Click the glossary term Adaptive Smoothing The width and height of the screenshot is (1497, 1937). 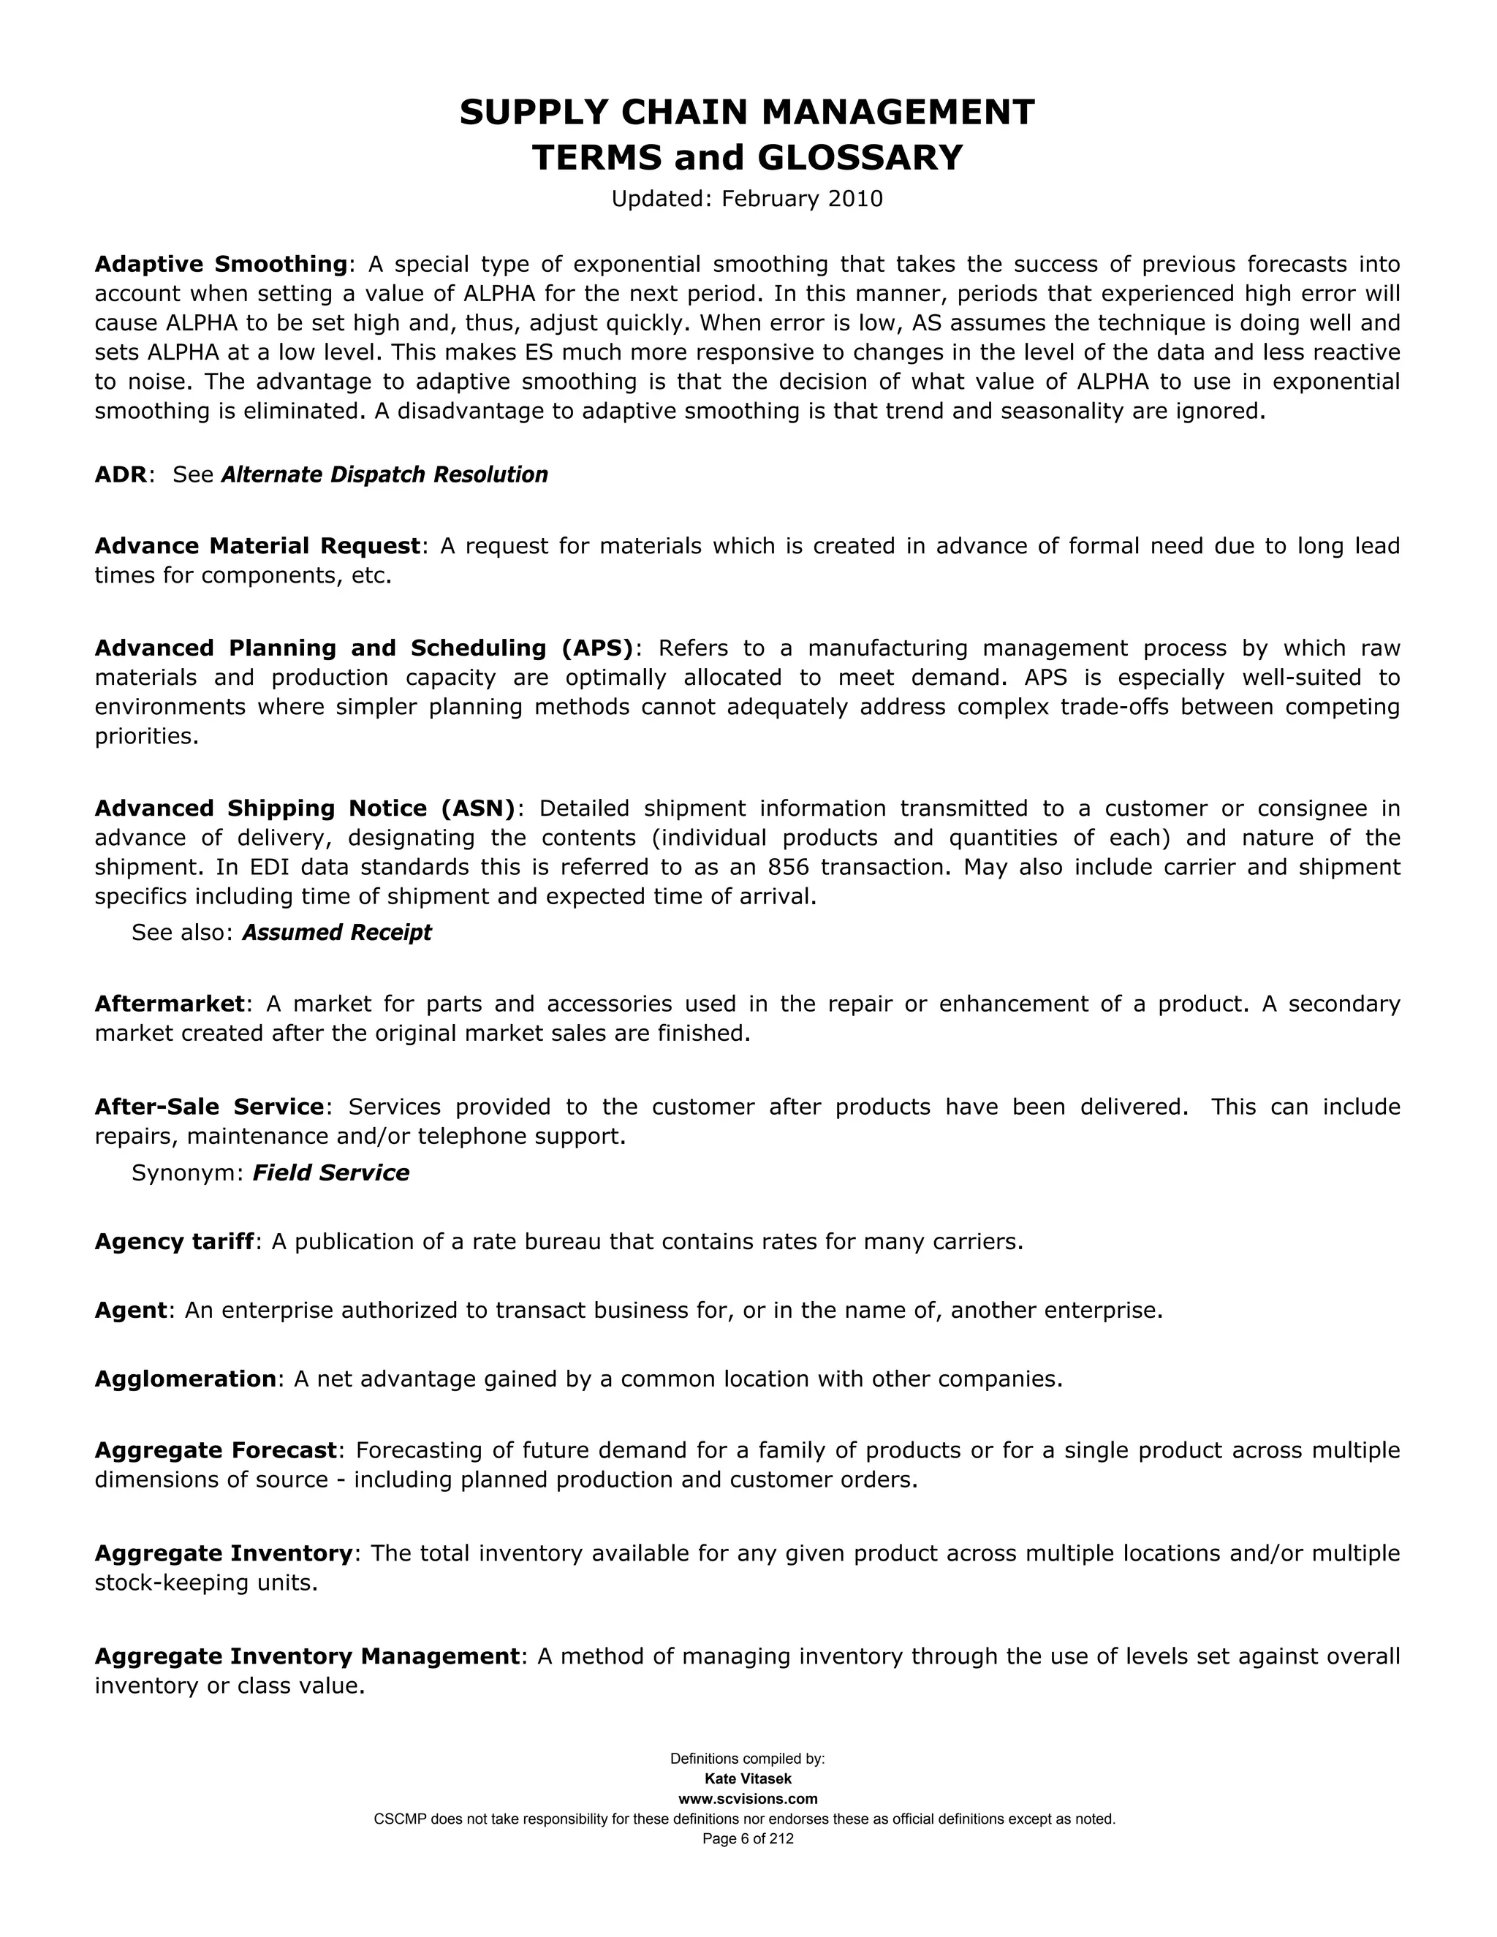[220, 265]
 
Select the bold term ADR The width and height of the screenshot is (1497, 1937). [120, 474]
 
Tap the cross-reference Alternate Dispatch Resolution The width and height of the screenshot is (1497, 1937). [384, 474]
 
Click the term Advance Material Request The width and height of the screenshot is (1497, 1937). [257, 545]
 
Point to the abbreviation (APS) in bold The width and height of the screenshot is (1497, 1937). [598, 648]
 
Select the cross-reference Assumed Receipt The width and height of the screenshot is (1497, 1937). [336, 932]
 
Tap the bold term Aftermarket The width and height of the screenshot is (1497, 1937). [169, 1004]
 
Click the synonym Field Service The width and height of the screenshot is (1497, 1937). [331, 1172]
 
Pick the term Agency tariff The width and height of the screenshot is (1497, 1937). [174, 1242]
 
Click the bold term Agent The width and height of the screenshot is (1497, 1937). [130, 1310]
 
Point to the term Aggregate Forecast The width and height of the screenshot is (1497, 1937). [216, 1450]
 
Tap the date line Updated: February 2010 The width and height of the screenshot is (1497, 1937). [747, 199]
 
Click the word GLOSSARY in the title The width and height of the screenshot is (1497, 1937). [860, 158]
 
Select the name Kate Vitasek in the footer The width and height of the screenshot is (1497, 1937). [748, 1779]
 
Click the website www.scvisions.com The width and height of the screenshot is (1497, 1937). [748, 1799]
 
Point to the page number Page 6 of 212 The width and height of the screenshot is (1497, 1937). [748, 1838]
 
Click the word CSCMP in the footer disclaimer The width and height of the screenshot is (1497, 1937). [399, 1819]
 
